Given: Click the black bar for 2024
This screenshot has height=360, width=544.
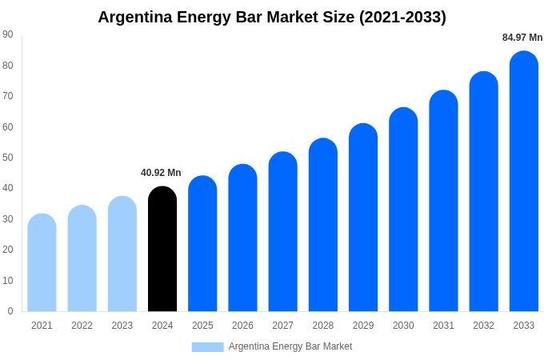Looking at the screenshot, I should (x=162, y=250).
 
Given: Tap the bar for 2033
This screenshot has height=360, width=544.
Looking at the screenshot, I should (x=524, y=182).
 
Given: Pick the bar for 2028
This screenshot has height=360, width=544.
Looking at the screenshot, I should (x=323, y=225).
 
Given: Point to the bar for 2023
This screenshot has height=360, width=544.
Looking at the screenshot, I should (x=122, y=254).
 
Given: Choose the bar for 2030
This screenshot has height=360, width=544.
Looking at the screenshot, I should (x=403, y=210).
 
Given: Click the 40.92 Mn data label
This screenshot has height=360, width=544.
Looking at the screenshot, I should (x=161, y=173).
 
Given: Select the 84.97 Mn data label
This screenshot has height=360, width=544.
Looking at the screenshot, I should (x=522, y=38).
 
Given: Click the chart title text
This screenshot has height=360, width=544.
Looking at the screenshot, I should (x=272, y=17).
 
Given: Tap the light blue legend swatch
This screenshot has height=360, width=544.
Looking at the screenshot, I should (x=207, y=347).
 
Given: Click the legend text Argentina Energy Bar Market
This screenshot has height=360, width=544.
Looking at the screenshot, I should (x=290, y=346).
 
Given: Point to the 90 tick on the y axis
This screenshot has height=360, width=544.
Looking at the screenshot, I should (x=8, y=34).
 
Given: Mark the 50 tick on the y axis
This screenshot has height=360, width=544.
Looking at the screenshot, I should (x=8, y=158).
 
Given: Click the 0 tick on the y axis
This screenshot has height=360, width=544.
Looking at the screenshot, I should (x=10, y=311).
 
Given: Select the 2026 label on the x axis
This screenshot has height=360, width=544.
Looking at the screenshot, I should (x=242, y=326).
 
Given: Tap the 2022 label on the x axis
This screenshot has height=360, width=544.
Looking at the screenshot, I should (x=82, y=326).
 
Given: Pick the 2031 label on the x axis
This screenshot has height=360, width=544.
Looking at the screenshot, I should (x=443, y=326).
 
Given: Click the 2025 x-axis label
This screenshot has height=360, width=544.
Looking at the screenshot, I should (x=202, y=326).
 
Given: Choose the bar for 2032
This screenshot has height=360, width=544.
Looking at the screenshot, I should (x=484, y=191).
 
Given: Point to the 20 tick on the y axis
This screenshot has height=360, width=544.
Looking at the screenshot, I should (x=8, y=250).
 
